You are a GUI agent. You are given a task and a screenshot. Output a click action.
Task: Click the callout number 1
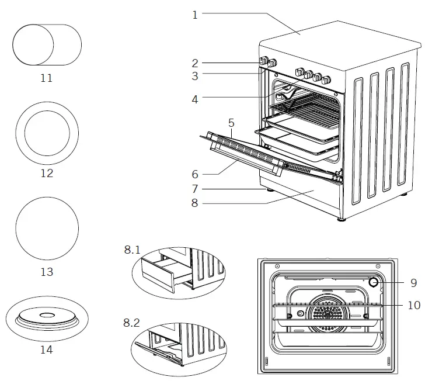pyautogui.click(x=195, y=15)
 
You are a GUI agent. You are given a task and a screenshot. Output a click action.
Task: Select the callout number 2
pyautogui.click(x=195, y=63)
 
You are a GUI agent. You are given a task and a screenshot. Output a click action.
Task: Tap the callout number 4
pyautogui.click(x=195, y=99)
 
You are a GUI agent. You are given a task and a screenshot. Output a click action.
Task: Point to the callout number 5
pyautogui.click(x=231, y=123)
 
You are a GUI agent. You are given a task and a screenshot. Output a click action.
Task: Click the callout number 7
pyautogui.click(x=195, y=189)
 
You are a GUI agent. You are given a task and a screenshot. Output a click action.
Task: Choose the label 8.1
pyautogui.click(x=133, y=249)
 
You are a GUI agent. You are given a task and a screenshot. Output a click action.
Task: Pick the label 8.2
pyautogui.click(x=133, y=322)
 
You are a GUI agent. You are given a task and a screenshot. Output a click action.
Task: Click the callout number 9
pyautogui.click(x=413, y=283)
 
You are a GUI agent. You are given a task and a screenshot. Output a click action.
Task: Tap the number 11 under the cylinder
pyautogui.click(x=46, y=78)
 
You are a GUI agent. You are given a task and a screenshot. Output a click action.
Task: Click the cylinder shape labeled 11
pyautogui.click(x=47, y=44)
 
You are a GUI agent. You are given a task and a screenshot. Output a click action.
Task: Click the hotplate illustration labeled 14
pyautogui.click(x=47, y=318)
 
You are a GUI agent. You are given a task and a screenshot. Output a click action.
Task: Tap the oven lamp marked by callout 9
pyautogui.click(x=373, y=283)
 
